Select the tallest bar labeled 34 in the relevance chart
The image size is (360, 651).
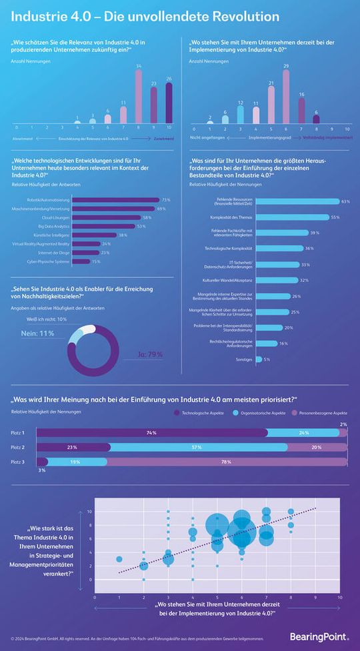[138, 96]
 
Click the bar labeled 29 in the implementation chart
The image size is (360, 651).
[286, 97]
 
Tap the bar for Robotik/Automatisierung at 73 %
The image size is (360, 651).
[115, 199]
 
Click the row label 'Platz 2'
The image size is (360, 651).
[19, 447]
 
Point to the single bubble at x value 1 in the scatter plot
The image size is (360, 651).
[119, 559]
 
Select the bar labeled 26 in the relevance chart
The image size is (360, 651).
[169, 103]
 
